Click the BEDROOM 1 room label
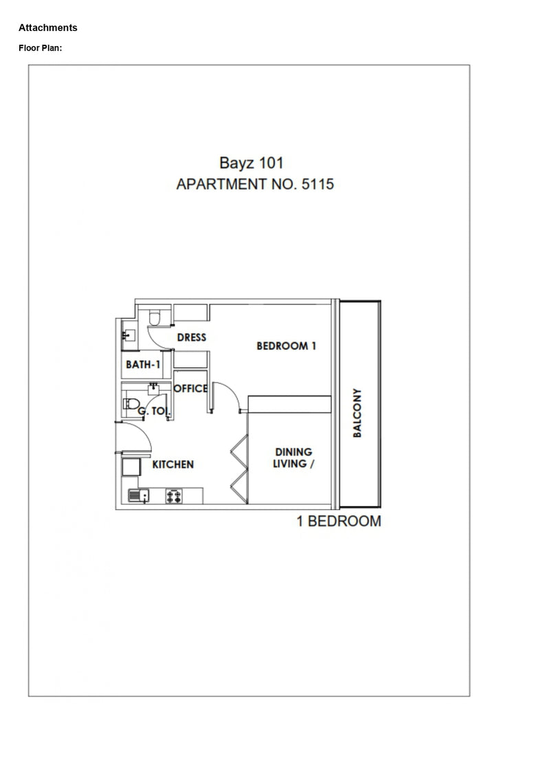tap(286, 346)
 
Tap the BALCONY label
tap(357, 413)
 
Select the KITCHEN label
tap(173, 464)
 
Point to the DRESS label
tap(191, 337)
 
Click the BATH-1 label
tap(143, 365)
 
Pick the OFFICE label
tap(190, 389)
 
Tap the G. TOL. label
tap(154, 412)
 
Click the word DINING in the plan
tap(294, 452)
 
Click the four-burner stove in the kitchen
tap(173, 496)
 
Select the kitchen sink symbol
tap(139, 495)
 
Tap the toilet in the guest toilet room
tap(131, 403)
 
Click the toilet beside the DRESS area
tap(154, 317)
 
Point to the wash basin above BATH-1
tap(129, 335)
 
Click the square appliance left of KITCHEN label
tap(131, 467)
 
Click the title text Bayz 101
tap(252, 163)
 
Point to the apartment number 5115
tap(318, 184)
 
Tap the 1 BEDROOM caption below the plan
tap(339, 521)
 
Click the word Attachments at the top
tap(48, 27)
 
